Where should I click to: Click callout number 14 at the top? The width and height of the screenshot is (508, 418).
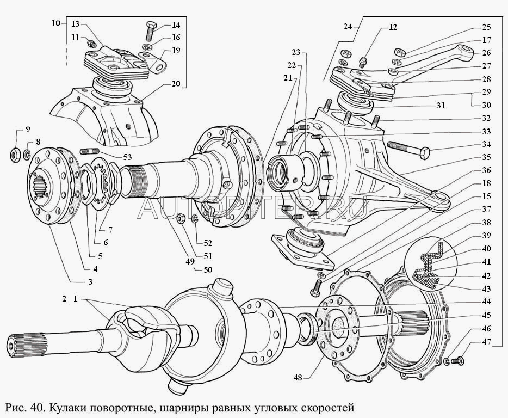[176, 24]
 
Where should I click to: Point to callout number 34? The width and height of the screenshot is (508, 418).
[485, 144]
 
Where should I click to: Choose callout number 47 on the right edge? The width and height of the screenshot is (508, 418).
[485, 342]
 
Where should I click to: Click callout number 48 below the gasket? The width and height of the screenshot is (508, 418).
[298, 376]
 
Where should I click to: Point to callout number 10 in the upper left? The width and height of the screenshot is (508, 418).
[56, 23]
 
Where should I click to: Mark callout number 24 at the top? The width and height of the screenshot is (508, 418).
[348, 25]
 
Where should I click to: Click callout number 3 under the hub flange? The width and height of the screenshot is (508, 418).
[90, 281]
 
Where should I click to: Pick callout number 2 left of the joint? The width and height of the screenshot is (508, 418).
[64, 299]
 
